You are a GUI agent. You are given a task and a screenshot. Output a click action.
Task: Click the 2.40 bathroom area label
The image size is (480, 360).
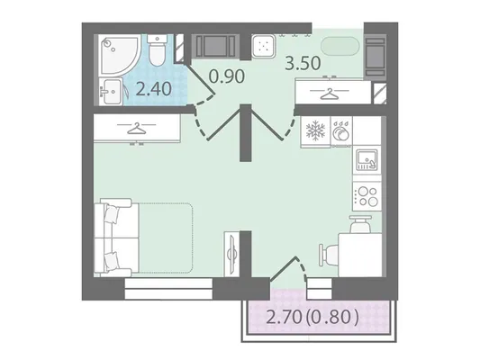[x=153, y=89]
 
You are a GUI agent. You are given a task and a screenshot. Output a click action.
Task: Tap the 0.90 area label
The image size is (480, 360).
[x=227, y=76]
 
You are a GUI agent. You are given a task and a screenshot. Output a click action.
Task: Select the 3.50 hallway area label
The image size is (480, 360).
[x=303, y=63]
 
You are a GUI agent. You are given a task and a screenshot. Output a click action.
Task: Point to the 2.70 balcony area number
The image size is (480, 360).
[x=285, y=317]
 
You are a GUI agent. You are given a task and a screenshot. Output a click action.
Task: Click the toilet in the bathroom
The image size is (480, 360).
[x=158, y=49]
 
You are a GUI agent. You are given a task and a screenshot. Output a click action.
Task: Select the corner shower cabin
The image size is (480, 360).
[x=120, y=54]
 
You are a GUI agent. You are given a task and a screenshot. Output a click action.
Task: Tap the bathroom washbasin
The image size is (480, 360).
[x=111, y=91]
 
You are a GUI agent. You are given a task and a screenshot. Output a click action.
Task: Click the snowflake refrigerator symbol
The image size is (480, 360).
[x=315, y=130]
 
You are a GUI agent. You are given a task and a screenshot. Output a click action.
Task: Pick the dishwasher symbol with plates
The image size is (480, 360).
[x=341, y=131]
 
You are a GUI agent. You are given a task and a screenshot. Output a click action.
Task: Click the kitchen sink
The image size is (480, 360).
[x=367, y=159]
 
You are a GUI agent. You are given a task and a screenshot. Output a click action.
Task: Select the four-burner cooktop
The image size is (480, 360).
[x=367, y=196]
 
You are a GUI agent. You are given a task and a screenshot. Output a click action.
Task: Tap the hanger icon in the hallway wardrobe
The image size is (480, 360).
[x=330, y=94]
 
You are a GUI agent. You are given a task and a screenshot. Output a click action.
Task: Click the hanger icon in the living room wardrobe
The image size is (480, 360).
[x=137, y=128]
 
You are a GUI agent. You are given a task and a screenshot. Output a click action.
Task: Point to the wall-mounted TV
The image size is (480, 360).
[x=231, y=254]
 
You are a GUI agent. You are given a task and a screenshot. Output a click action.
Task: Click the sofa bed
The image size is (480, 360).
[x=143, y=238]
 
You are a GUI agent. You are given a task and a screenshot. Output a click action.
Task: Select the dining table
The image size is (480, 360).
[x=360, y=255]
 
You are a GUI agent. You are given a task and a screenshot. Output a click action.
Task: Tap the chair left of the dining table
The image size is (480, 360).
[x=329, y=255]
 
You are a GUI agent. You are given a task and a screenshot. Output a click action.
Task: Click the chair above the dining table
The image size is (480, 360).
[x=361, y=224]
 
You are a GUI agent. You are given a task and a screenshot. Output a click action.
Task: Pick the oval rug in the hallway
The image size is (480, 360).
[x=340, y=46]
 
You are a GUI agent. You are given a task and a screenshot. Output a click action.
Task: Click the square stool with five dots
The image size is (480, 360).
[x=263, y=46]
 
